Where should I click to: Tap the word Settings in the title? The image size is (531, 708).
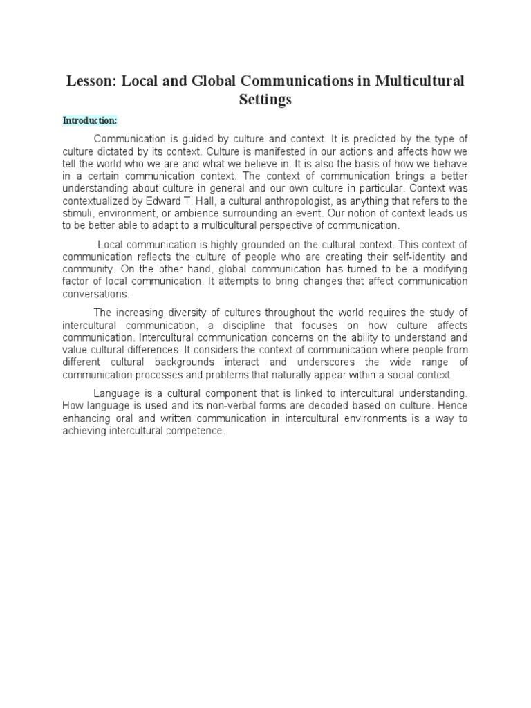tap(265, 100)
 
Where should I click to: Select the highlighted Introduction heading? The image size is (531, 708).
tap(90, 120)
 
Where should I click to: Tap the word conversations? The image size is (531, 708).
tap(95, 293)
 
